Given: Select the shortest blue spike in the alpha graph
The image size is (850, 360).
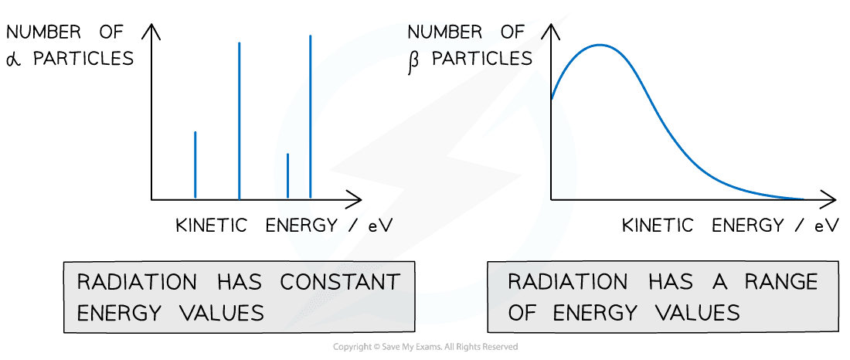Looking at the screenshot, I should click(x=288, y=176).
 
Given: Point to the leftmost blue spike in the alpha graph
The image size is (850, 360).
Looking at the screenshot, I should click(x=195, y=165).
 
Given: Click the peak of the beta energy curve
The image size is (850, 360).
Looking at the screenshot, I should click(x=601, y=45).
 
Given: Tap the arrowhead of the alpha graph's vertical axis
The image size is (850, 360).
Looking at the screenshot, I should click(x=152, y=31).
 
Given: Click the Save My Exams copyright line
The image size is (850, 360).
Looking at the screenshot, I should click(x=425, y=347).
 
